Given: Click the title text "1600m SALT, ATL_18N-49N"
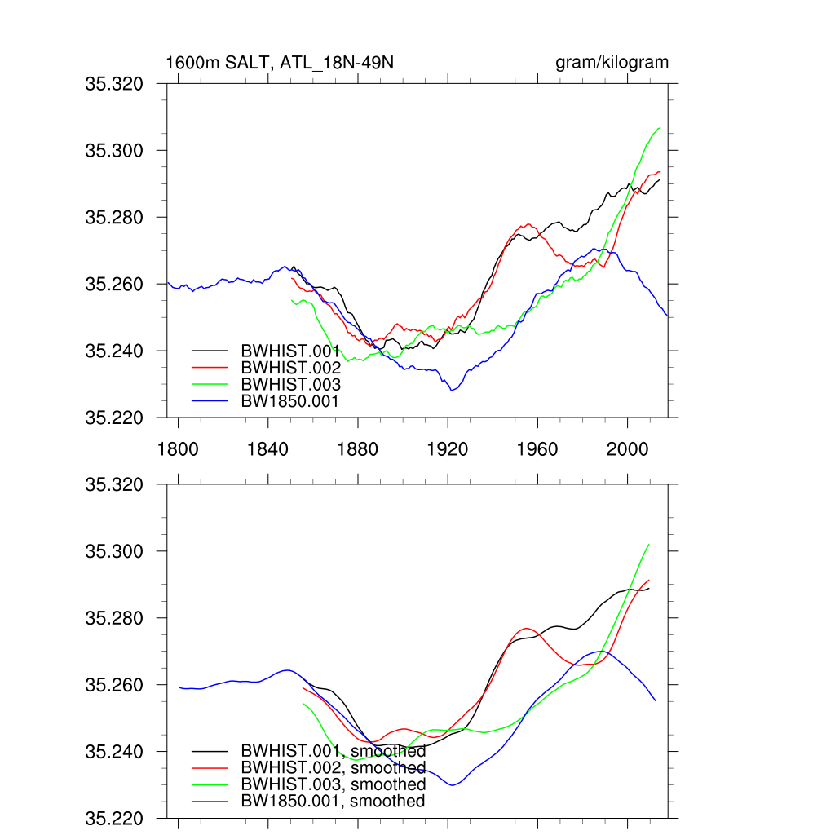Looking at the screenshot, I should click(x=280, y=63).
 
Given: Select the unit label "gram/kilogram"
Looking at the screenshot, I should click(x=612, y=63).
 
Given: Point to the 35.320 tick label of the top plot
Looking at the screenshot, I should click(x=114, y=84).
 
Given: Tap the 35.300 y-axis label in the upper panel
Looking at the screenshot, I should click(x=114, y=151).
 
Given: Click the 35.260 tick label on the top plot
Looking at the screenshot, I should click(x=114, y=285).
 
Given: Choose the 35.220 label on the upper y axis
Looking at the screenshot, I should click(x=114, y=418).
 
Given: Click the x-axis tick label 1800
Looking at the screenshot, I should click(x=178, y=449).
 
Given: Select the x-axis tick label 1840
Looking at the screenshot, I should click(x=268, y=449).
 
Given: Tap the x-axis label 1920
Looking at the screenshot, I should click(x=448, y=449).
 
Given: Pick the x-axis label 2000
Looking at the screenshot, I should click(x=627, y=449).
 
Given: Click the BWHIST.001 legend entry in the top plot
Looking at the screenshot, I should click(x=290, y=351).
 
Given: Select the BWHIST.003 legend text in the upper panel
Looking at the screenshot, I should click(x=290, y=384).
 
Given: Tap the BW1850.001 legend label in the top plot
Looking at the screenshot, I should click(x=289, y=401).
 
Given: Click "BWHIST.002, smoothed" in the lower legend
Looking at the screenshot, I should click(x=333, y=768).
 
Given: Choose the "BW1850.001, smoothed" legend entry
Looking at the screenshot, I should click(x=333, y=802).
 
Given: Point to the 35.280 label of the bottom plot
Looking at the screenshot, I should click(x=114, y=619).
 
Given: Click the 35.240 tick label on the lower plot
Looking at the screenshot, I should click(x=114, y=753).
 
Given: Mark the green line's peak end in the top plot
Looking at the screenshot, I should click(x=660, y=128).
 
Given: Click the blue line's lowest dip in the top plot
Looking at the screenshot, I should click(x=451, y=391).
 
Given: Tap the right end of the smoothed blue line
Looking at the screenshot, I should click(x=655, y=700).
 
